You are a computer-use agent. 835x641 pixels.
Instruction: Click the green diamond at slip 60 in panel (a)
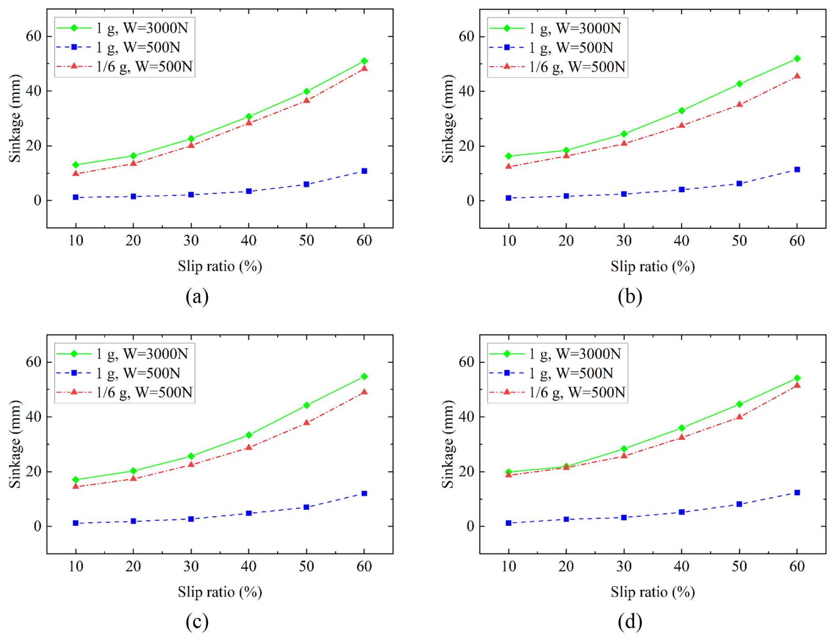coord(364,61)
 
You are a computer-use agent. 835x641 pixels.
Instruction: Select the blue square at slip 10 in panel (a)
coord(75,197)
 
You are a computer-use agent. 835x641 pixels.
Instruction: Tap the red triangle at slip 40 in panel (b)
coord(681,125)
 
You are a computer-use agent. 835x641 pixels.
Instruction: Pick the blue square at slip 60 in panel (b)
coord(797,170)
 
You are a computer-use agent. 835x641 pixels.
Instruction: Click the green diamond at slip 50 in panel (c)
coord(306,405)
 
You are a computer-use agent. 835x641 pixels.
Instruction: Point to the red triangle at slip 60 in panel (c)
coord(364,392)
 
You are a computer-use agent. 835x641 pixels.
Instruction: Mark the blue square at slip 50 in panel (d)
coord(739,504)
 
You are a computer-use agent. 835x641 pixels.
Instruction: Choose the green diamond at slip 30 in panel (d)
coord(624,449)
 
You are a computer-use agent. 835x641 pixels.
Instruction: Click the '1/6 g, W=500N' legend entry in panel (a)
coord(144,67)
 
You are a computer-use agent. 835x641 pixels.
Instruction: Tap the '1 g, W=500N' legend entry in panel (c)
coord(138,373)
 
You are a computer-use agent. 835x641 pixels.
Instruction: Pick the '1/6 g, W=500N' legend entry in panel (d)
coord(577,392)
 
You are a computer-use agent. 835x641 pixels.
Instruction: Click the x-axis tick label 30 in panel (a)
coord(191,241)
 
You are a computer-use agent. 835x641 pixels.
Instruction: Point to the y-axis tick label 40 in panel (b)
coord(466,91)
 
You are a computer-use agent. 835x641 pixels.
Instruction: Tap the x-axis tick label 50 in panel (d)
coord(739,567)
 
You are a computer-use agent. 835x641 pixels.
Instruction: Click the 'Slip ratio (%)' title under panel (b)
coord(652,267)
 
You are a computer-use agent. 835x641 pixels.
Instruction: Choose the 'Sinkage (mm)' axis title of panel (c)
coord(15,444)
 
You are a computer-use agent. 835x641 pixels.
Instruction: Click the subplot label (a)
coord(197,297)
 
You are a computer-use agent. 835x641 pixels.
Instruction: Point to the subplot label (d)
coord(630,622)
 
